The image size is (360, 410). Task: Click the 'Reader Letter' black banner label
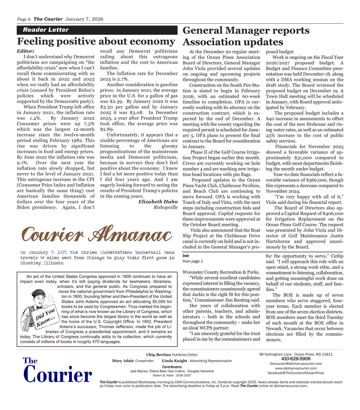46,30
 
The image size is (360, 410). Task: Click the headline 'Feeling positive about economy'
96,41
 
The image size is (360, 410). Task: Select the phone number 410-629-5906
296,359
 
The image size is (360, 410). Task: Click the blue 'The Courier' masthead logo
57,371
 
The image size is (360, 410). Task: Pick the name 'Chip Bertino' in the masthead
158,355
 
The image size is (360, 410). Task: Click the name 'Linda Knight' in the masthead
175,361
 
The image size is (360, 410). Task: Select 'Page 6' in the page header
24,19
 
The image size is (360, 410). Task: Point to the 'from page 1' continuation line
193,261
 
